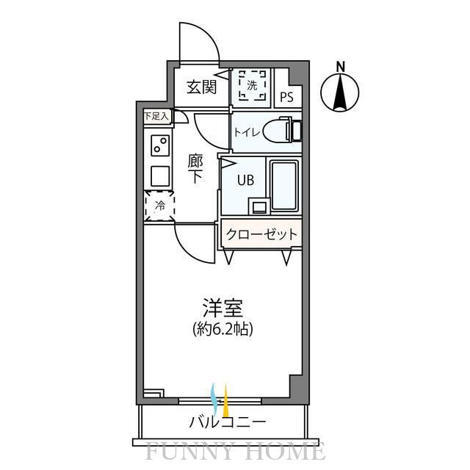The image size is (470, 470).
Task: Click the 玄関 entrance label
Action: (200, 87)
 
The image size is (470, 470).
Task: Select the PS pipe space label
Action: (287, 95)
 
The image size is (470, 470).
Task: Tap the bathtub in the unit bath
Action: (283, 184)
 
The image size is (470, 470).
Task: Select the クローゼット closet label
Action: (262, 234)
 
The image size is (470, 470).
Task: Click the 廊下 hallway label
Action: (195, 168)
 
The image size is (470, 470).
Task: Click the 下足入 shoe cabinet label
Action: (156, 115)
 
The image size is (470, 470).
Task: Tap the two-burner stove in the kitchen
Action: (159, 146)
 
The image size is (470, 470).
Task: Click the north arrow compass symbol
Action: (341, 94)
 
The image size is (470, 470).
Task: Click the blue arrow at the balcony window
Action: (214, 397)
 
